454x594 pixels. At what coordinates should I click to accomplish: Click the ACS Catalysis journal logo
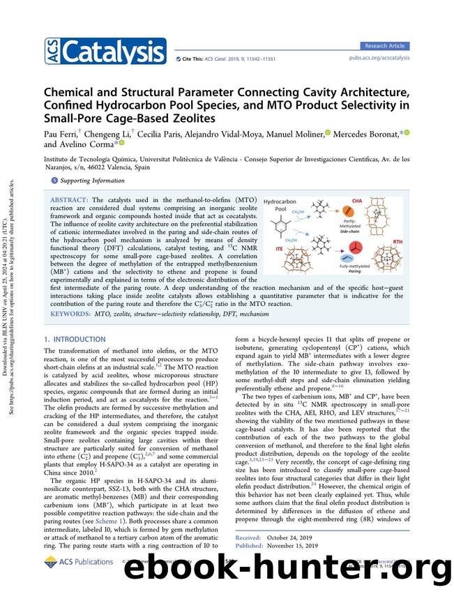[x=105, y=50]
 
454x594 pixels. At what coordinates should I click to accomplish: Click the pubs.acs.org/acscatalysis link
[x=379, y=59]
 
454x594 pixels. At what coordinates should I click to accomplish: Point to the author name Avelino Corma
[x=88, y=144]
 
